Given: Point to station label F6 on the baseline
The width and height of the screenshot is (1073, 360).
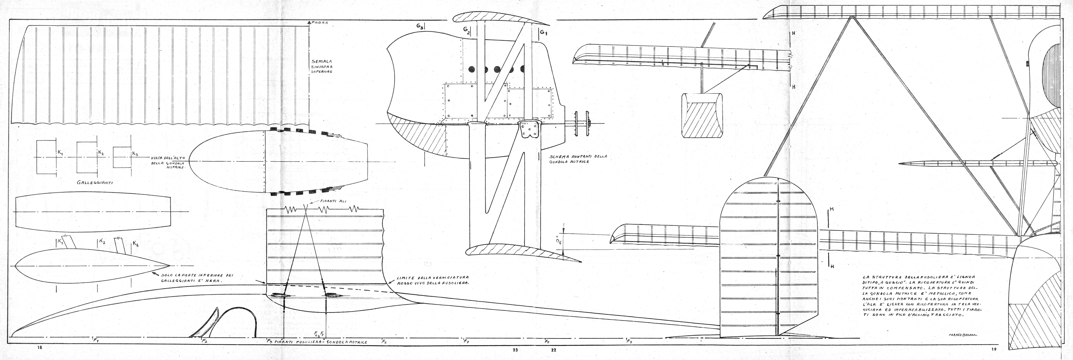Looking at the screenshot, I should pos(384,342).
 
